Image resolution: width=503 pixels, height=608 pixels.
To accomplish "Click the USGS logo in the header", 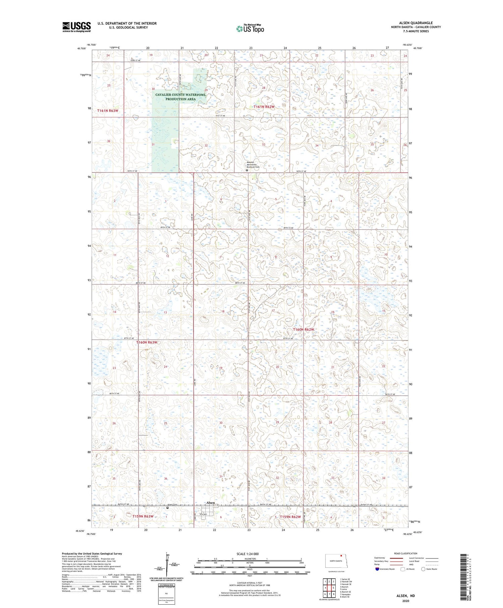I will [76, 27].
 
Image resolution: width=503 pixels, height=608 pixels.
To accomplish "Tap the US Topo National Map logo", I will [250, 29].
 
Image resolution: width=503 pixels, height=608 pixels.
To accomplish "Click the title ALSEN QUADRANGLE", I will [415, 23].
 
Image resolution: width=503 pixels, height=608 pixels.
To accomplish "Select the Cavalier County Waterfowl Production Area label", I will [180, 97].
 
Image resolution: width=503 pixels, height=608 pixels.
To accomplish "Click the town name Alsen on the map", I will [210, 503].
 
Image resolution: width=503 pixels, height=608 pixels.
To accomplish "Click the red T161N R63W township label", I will [108, 111].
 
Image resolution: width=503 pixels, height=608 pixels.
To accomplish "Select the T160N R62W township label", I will [303, 330].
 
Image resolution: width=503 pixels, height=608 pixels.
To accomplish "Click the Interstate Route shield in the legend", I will [377, 569].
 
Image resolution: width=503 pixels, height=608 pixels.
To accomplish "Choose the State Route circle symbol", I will [423, 569].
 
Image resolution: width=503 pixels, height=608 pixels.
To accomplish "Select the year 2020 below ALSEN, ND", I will [405, 600].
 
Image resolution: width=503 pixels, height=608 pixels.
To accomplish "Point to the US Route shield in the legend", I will [402, 569].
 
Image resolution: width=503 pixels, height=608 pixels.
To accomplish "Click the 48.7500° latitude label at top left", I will [81, 48].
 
